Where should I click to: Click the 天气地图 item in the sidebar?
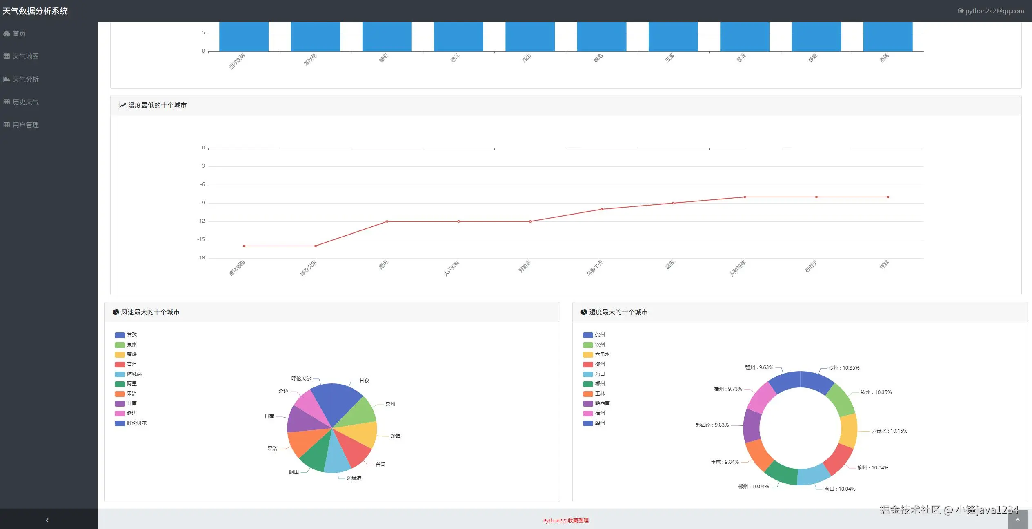[25, 56]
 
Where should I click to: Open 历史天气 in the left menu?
[25, 102]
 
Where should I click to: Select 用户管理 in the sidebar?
[25, 125]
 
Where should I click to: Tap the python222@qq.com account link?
[994, 11]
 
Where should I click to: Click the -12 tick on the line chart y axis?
[201, 221]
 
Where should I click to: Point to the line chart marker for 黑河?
[387, 221]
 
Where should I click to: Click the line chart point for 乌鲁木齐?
[602, 209]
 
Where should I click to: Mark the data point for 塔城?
[888, 197]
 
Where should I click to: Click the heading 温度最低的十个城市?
[157, 105]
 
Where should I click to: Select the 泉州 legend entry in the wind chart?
[131, 345]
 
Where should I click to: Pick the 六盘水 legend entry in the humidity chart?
[602, 354]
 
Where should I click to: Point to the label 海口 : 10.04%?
[839, 489]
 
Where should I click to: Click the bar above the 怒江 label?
[458, 37]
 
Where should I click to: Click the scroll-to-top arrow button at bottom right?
[1017, 520]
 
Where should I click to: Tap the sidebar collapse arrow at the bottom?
[47, 520]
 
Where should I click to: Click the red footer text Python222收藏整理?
[566, 520]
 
